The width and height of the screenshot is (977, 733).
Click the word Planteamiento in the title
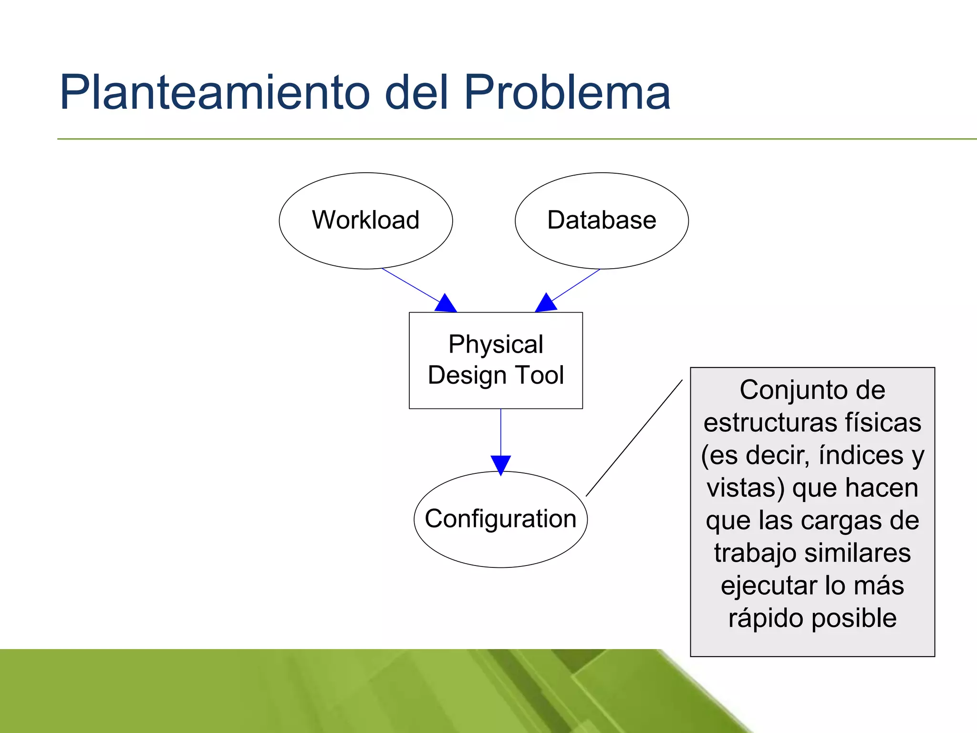click(x=214, y=93)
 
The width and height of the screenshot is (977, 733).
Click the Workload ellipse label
click(x=365, y=220)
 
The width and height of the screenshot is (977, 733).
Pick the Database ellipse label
click(x=602, y=220)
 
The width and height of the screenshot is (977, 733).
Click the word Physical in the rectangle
click(x=496, y=345)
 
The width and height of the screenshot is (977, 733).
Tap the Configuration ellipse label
click(x=500, y=519)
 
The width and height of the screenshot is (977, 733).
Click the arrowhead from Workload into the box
click(x=446, y=304)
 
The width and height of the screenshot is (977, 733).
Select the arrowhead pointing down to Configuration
click(x=500, y=464)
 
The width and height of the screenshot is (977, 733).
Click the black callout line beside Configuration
click(x=634, y=438)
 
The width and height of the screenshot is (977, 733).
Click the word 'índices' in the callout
click(x=861, y=455)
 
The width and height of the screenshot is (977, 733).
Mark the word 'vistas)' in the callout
click(x=746, y=488)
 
